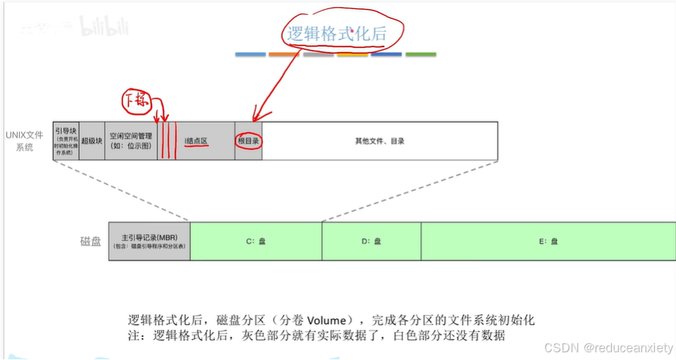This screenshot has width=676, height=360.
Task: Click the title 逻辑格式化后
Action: click(345, 33)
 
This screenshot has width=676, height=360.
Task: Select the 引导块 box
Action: click(66, 141)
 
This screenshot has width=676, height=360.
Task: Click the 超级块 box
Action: click(92, 141)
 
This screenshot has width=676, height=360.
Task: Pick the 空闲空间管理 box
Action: click(131, 140)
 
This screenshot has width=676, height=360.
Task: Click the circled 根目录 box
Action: click(248, 141)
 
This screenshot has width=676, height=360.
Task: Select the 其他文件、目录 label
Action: click(379, 141)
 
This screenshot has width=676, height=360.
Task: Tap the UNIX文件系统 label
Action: click(25, 140)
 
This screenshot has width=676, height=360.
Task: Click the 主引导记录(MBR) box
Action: click(149, 240)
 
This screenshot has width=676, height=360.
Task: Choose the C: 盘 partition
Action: click(255, 240)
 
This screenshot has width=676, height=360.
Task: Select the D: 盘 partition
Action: click(371, 240)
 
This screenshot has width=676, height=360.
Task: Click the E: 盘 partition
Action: click(548, 240)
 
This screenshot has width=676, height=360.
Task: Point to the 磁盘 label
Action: click(90, 241)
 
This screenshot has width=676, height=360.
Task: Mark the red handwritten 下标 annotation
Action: click(136, 101)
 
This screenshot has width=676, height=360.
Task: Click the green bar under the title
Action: click(420, 54)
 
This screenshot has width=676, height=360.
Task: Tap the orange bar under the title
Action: click(284, 54)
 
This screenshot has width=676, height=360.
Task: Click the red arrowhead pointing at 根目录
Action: click(257, 115)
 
